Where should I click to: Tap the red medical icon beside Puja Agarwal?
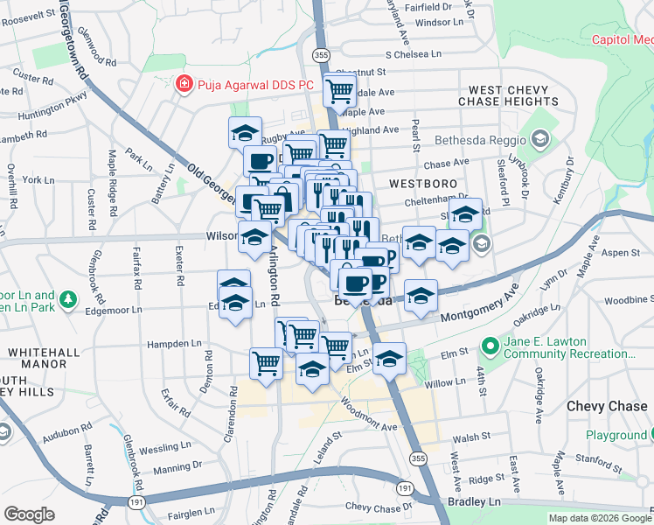click(x=184, y=85)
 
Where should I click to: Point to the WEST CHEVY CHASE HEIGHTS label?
click(x=508, y=96)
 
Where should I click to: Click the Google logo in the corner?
click(x=29, y=514)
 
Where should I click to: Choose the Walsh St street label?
click(x=470, y=437)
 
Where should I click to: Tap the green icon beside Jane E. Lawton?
click(x=491, y=347)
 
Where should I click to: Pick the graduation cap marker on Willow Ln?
click(x=389, y=356)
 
